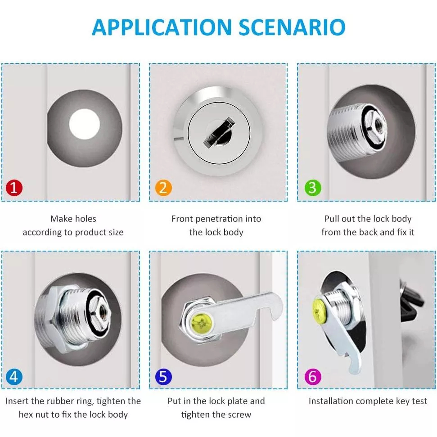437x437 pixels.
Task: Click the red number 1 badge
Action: click(14, 188)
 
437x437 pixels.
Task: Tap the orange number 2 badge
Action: click(163, 188)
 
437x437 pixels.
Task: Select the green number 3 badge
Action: click(313, 188)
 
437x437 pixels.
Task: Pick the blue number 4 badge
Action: click(14, 377)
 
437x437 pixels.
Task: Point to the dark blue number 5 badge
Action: click(163, 377)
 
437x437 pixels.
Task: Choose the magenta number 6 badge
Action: click(313, 377)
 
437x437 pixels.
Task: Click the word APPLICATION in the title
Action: click(162, 27)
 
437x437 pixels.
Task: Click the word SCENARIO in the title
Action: click(292, 27)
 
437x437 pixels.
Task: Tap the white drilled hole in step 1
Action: click(84, 124)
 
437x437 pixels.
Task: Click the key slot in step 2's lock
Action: click(219, 132)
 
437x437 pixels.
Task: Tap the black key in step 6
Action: click(411, 301)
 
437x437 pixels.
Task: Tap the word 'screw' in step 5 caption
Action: click(240, 414)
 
